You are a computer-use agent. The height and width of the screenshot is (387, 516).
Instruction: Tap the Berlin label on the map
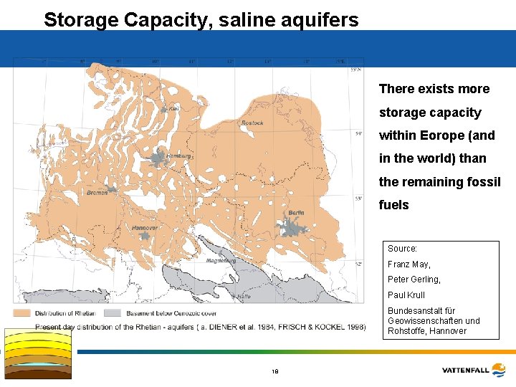[x=296, y=213]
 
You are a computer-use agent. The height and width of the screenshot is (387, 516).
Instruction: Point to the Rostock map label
[x=252, y=123]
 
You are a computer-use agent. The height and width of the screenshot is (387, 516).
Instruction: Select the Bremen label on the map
[x=97, y=193]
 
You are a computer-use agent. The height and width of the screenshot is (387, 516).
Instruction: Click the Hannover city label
[x=145, y=228]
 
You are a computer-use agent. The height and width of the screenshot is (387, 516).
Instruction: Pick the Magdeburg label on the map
[x=221, y=261]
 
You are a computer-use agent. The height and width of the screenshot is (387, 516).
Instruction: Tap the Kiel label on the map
[x=174, y=109]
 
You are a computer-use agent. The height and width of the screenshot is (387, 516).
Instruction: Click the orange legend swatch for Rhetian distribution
[x=21, y=313]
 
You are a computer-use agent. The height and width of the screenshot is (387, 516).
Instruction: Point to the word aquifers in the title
[x=319, y=19]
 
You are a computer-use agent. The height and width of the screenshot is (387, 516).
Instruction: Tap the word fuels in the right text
[x=394, y=205]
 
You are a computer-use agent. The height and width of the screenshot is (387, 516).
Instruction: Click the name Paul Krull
[x=406, y=295]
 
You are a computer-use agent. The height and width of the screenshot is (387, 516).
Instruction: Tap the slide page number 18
[x=274, y=371]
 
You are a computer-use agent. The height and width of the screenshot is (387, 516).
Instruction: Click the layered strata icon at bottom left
[x=38, y=353]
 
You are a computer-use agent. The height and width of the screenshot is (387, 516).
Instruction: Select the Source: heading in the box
[x=403, y=249]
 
